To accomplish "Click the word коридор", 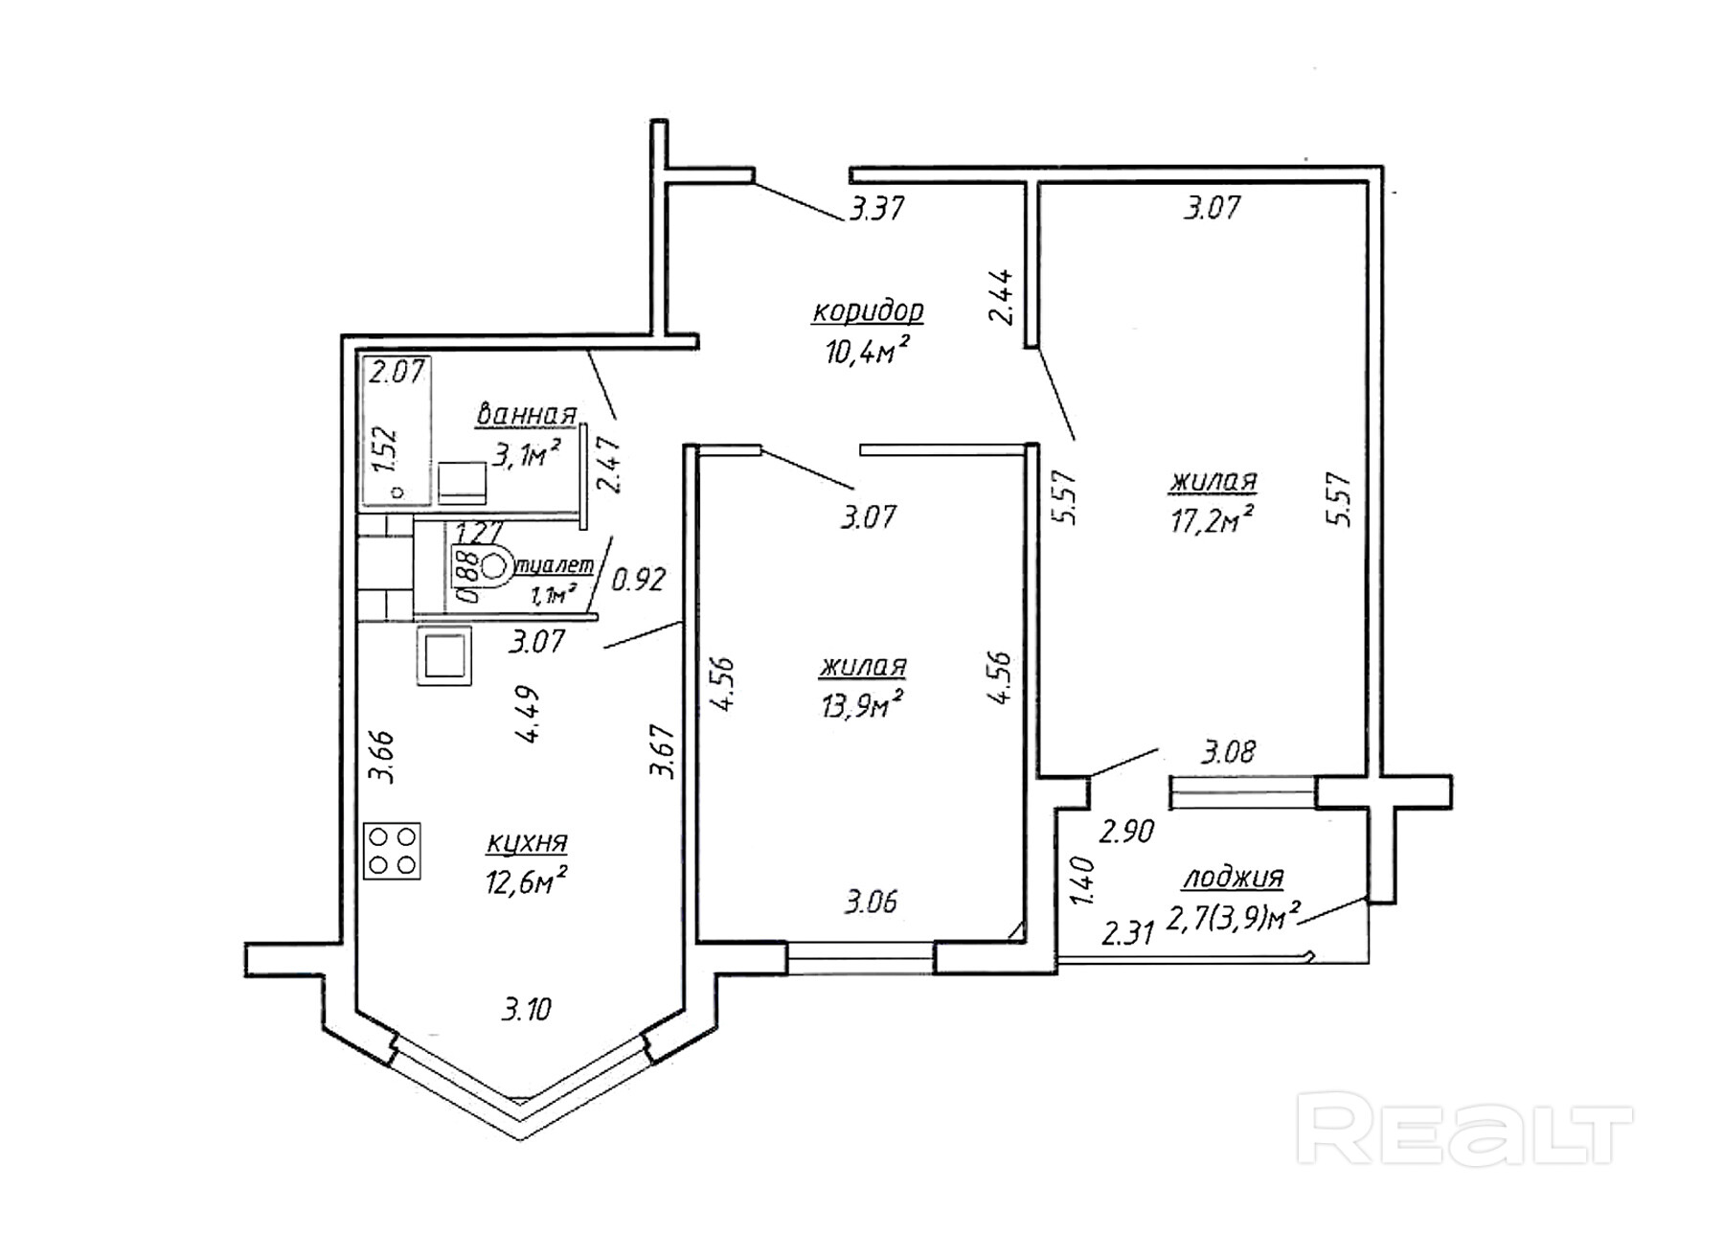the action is tap(868, 311).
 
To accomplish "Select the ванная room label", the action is tap(526, 415).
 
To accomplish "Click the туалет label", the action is tap(555, 566).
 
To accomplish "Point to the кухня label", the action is tap(526, 843).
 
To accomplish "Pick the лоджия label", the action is tap(1233, 877).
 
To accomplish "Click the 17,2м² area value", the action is tap(1212, 521).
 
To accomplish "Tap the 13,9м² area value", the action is tap(862, 706).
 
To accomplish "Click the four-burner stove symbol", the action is tap(392, 851).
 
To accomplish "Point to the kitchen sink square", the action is tap(444, 656).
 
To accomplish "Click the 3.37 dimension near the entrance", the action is tap(876, 208).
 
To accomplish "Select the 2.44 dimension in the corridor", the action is tap(1003, 297).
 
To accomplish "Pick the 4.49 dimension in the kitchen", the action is tap(529, 714).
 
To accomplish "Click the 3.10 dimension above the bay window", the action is tap(526, 1009).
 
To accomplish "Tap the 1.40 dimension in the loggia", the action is tap(1082, 882).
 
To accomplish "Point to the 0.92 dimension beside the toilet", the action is tap(638, 579).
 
